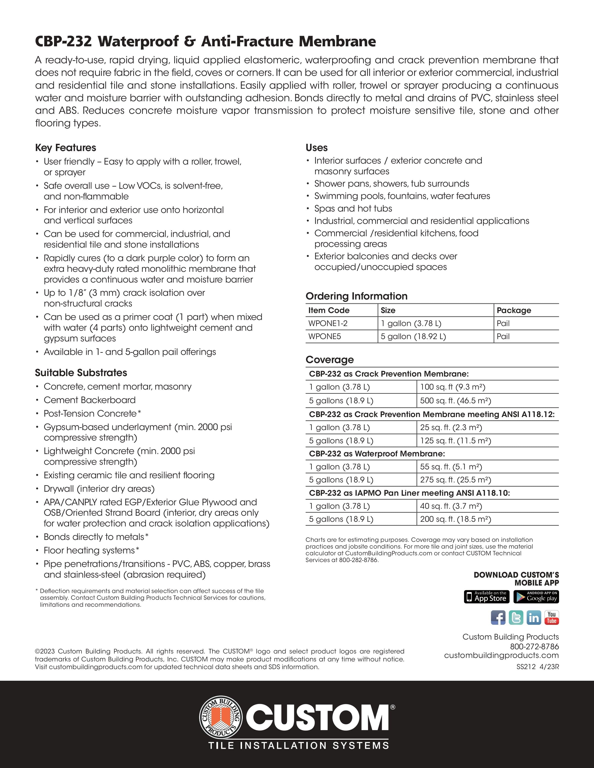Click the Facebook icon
(x=498, y=617)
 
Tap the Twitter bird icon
(x=516, y=617)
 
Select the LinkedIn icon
(x=534, y=617)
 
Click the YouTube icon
(x=551, y=617)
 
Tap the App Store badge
(x=487, y=597)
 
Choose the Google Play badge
(x=536, y=597)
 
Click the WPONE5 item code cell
(x=324, y=337)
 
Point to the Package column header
(x=514, y=310)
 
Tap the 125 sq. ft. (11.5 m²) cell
(x=455, y=441)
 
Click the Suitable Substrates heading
(x=81, y=373)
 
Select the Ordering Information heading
(x=356, y=296)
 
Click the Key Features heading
(x=65, y=148)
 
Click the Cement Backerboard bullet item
(x=89, y=400)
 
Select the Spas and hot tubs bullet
(x=353, y=209)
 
